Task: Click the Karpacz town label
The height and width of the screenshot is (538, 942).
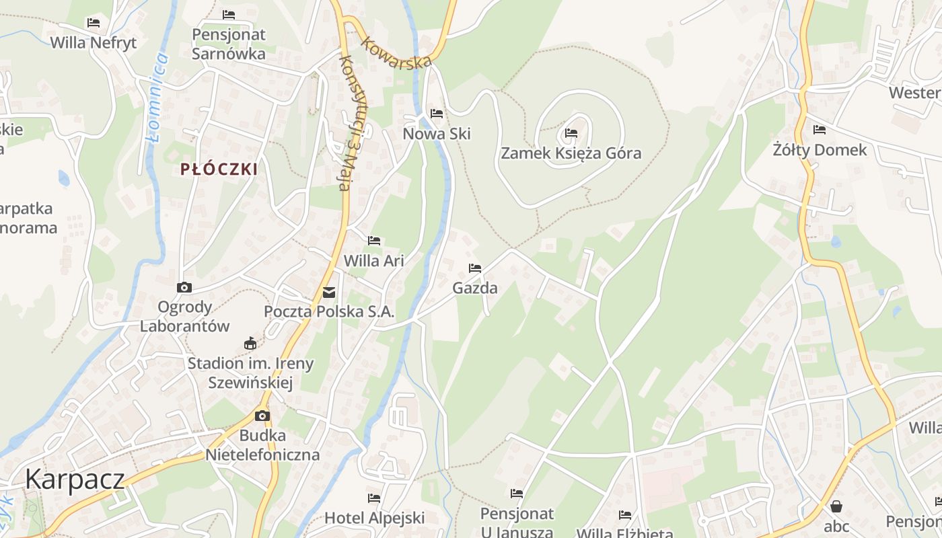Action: [75, 479]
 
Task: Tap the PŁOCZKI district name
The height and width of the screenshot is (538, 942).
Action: [219, 169]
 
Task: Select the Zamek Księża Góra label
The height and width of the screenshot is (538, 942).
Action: [571, 153]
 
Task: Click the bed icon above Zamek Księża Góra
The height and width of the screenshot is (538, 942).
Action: [571, 133]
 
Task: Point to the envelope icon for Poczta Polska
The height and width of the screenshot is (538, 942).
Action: [329, 293]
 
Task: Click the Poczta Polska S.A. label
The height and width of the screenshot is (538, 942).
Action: [329, 312]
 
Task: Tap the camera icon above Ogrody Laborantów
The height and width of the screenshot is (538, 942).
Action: [184, 288]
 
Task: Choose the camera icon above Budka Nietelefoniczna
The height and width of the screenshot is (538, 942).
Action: [262, 416]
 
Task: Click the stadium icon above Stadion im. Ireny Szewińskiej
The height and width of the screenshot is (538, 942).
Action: [250, 344]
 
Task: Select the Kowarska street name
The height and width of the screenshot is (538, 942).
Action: [396, 52]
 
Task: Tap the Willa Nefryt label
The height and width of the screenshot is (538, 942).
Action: [94, 42]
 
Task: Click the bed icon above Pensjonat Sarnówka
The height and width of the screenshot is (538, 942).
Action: [229, 15]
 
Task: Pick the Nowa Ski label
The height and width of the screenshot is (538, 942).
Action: [437, 134]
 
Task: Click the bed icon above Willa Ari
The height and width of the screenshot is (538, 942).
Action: [374, 241]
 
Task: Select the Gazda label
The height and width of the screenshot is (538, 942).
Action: [475, 289]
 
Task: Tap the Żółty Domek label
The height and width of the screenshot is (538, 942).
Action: [820, 150]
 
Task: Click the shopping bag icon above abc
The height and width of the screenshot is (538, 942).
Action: [836, 506]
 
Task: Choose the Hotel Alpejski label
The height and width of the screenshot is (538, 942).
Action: [374, 518]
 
